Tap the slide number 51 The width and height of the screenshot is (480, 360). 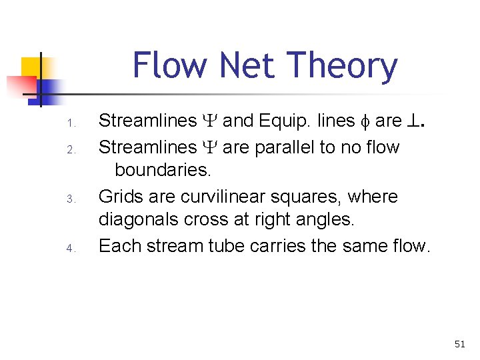click(x=459, y=344)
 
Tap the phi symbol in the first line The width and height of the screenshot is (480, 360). click(x=363, y=121)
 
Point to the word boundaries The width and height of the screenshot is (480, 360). click(x=163, y=170)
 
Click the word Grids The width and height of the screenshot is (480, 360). click(x=122, y=197)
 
